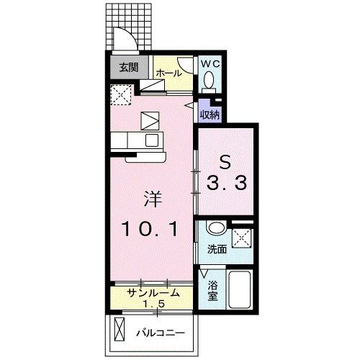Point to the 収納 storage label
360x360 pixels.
click(x=210, y=113)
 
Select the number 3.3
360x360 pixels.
click(x=227, y=184)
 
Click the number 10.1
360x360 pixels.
click(x=150, y=230)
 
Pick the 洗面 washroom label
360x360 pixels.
click(x=217, y=250)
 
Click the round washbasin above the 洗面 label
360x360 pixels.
click(x=214, y=230)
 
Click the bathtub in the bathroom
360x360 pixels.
click(x=240, y=291)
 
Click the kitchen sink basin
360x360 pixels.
click(x=152, y=140)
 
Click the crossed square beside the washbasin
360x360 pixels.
click(x=243, y=236)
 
